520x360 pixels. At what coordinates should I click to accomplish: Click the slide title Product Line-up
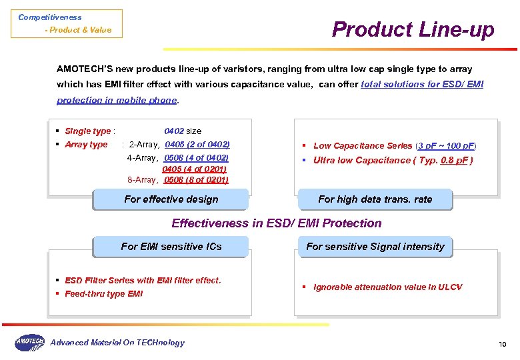click(x=413, y=29)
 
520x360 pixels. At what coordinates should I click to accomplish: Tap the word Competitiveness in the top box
click(x=50, y=17)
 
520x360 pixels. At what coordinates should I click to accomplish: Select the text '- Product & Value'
click(x=78, y=30)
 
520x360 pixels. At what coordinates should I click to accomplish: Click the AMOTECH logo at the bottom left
click(x=29, y=343)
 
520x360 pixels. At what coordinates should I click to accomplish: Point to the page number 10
click(x=503, y=344)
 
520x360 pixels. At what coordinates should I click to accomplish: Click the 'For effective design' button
click(x=171, y=199)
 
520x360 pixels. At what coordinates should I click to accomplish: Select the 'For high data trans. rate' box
click(x=375, y=199)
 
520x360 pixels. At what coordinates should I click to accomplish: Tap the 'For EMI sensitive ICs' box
click(x=171, y=247)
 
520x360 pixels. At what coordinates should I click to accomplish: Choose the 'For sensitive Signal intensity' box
click(x=375, y=247)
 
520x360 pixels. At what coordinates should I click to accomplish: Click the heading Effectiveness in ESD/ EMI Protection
click(x=277, y=223)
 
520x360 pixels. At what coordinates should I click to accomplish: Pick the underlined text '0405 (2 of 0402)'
click(x=197, y=145)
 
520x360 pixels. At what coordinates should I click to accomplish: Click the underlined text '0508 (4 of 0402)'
click(x=196, y=158)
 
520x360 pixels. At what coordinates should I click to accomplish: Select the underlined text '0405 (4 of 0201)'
click(x=194, y=169)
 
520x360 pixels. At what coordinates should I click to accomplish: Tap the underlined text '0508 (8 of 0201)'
click(x=196, y=180)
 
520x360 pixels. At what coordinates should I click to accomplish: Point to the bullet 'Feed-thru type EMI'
click(x=103, y=294)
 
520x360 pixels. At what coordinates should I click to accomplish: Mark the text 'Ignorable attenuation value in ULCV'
click(x=387, y=287)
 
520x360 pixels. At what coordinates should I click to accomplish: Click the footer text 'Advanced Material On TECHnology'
click(x=117, y=343)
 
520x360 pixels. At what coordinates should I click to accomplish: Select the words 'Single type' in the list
click(x=87, y=131)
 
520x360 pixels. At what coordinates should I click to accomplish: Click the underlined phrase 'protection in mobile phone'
click(x=117, y=101)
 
